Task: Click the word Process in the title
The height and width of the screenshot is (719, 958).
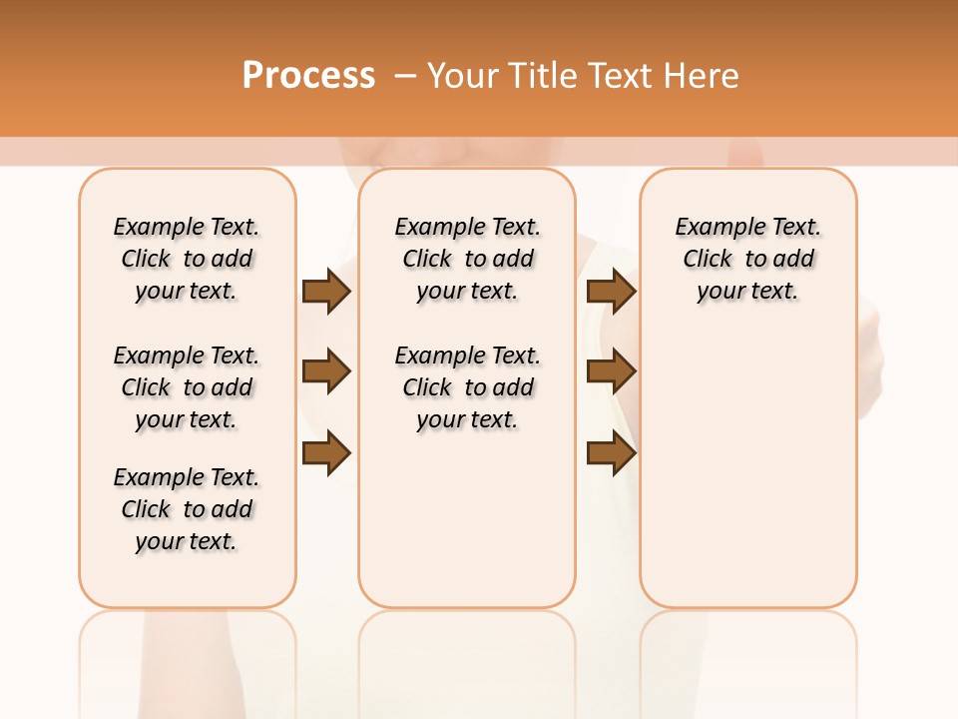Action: click(308, 75)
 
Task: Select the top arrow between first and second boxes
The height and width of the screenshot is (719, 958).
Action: click(326, 291)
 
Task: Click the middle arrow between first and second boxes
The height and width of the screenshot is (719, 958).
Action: click(326, 371)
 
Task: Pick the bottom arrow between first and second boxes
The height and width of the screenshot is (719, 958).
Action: click(326, 452)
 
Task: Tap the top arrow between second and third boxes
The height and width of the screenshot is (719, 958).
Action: click(611, 291)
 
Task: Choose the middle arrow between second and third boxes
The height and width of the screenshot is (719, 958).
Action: click(611, 371)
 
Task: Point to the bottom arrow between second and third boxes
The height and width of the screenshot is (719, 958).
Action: click(611, 452)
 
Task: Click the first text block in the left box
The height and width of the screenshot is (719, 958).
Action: click(187, 259)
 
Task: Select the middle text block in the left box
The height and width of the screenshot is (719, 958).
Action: click(187, 387)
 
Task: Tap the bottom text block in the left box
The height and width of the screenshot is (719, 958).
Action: click(187, 509)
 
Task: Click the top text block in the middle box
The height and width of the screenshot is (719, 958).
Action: click(467, 259)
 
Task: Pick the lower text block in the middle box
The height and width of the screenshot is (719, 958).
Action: click(467, 387)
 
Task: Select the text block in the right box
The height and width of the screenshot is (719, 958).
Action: click(747, 259)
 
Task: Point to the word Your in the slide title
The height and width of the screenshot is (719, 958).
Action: click(463, 75)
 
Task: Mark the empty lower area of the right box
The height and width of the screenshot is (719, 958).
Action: click(747, 459)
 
